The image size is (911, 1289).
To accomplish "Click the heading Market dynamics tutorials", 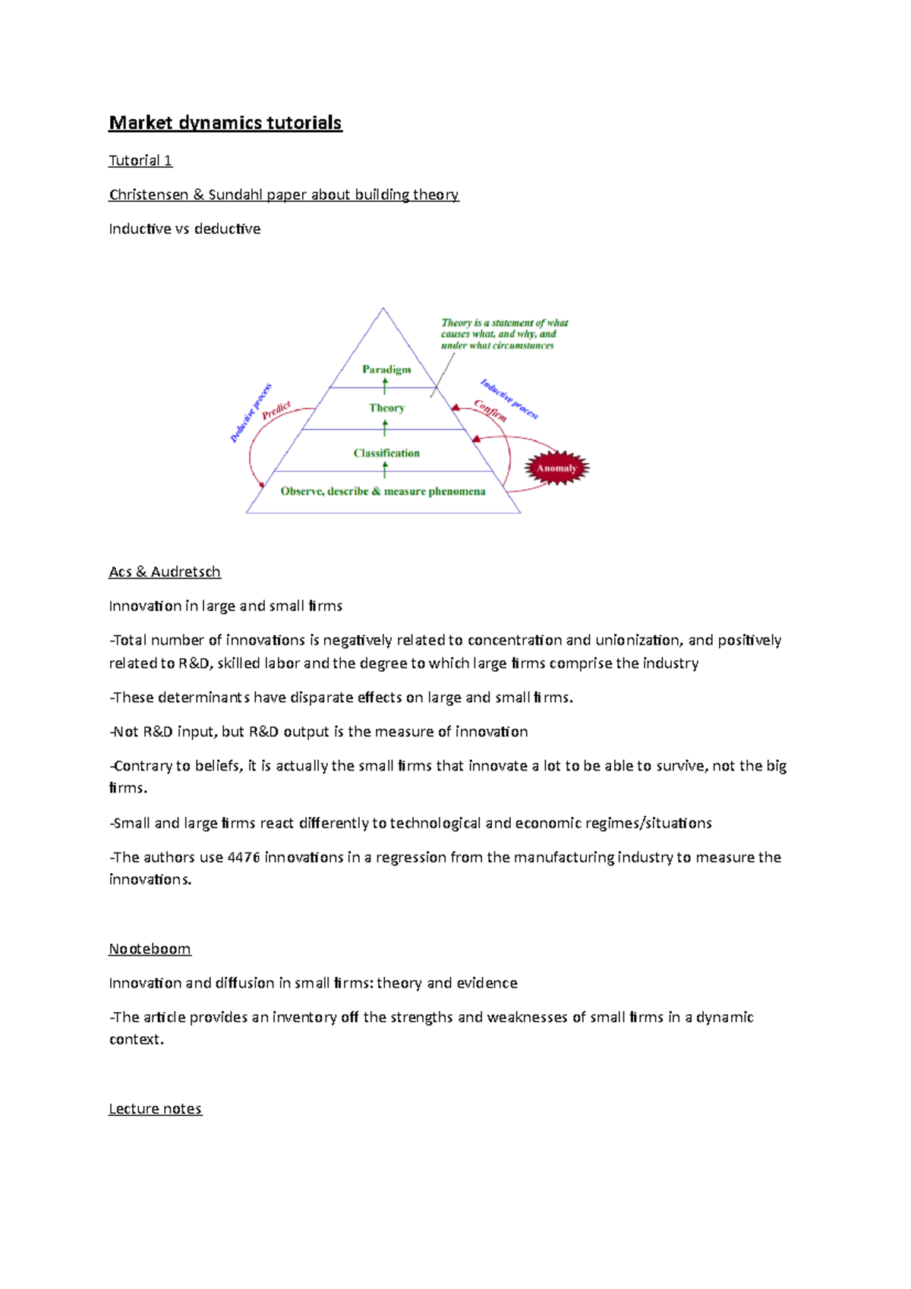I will tap(225, 123).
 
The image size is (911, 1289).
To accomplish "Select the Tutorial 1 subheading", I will tap(140, 160).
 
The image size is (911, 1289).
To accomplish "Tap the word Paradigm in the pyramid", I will tap(386, 370).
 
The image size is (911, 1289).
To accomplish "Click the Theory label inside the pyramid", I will tap(386, 408).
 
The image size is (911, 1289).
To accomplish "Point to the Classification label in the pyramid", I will tap(386, 453).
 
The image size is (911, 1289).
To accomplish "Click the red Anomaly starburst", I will tap(556, 468).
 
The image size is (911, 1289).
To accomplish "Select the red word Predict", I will tap(276, 411).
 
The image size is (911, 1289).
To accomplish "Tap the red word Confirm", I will tap(490, 410).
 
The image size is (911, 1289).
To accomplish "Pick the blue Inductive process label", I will tap(509, 399).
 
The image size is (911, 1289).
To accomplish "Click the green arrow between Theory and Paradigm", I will tap(385, 387).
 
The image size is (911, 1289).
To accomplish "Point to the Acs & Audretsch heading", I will tap(165, 572).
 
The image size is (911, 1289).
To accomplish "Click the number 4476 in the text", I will tap(244, 857).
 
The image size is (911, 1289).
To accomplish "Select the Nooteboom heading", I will tap(150, 949).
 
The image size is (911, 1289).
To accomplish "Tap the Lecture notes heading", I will tap(155, 1109).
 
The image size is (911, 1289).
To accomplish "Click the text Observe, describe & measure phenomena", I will tap(383, 492).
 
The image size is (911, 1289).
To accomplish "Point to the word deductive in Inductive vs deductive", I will tap(227, 228).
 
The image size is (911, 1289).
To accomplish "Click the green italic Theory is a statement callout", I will tap(503, 334).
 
